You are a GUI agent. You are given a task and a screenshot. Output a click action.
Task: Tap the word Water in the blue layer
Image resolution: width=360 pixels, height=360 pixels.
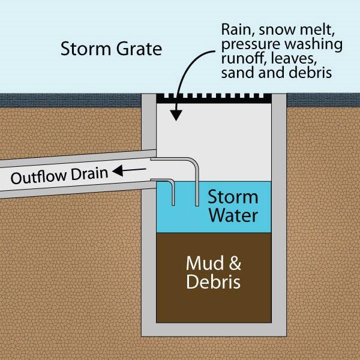(233, 215)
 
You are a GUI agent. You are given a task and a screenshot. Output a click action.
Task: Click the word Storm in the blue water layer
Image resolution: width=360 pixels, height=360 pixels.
(233, 197)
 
